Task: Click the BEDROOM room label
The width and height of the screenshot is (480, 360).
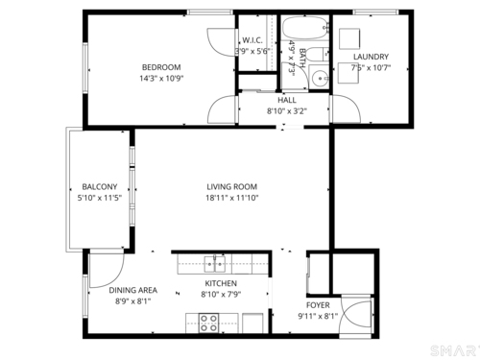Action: [161, 67]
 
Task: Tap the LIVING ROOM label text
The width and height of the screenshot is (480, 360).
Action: [231, 186]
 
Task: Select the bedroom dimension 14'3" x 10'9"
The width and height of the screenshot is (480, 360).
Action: [161, 79]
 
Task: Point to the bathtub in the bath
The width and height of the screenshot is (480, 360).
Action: [305, 28]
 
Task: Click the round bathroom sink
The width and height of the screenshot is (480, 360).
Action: [320, 78]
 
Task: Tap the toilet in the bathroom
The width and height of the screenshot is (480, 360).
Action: [319, 55]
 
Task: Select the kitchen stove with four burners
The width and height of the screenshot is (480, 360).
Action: [208, 324]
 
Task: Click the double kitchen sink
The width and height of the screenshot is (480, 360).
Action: [215, 264]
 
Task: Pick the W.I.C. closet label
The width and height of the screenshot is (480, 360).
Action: [252, 40]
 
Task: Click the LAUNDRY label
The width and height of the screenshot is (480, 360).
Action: [371, 57]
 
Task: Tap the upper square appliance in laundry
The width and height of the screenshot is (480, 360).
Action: [349, 38]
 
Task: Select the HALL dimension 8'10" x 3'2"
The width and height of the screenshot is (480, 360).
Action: [287, 111]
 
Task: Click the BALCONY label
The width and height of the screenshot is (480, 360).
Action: [100, 186]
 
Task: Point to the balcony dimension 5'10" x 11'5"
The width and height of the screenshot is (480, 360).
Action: [100, 198]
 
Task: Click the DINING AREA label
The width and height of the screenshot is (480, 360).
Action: [133, 290]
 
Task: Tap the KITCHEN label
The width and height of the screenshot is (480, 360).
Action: [221, 283]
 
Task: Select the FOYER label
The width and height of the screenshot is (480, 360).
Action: [318, 305]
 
